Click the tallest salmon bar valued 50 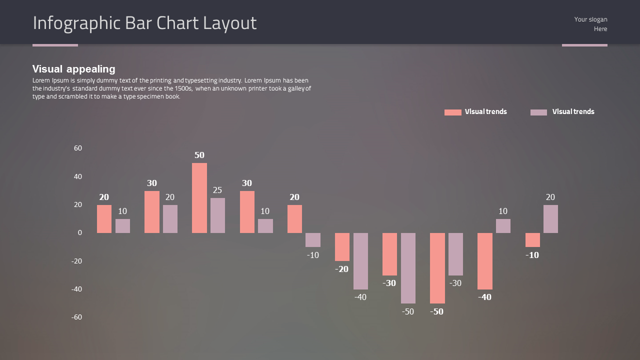[199, 198]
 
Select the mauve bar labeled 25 [217, 215]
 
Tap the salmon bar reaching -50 [437, 268]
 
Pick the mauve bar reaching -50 [408, 268]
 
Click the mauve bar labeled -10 [313, 240]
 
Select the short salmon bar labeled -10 [532, 240]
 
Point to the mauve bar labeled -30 [455, 254]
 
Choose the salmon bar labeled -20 [342, 247]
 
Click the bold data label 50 [199, 155]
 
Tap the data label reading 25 [217, 190]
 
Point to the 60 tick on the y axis [78, 148]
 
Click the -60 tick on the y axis [76, 317]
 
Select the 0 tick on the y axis [79, 232]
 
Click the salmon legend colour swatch [452, 112]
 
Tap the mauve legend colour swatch [538, 112]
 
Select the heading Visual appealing [74, 69]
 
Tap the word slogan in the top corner [597, 19]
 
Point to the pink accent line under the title [55, 45]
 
